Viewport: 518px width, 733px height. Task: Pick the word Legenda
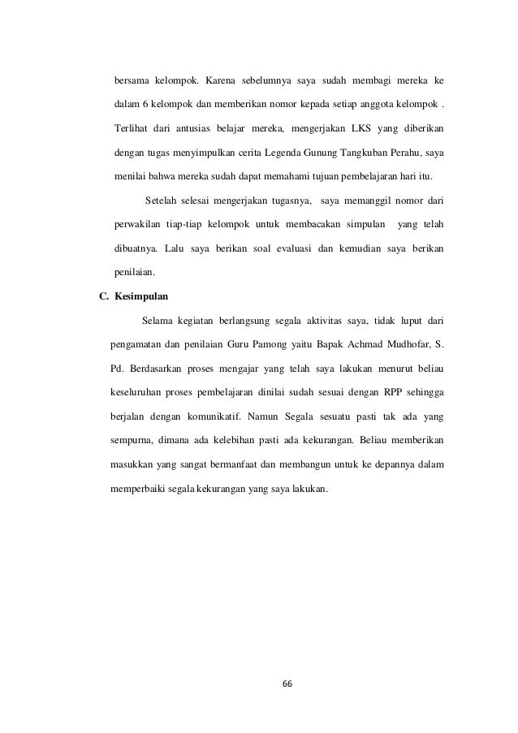pyautogui.click(x=279, y=152)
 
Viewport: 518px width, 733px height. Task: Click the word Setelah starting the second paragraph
pyautogui.click(x=162, y=200)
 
